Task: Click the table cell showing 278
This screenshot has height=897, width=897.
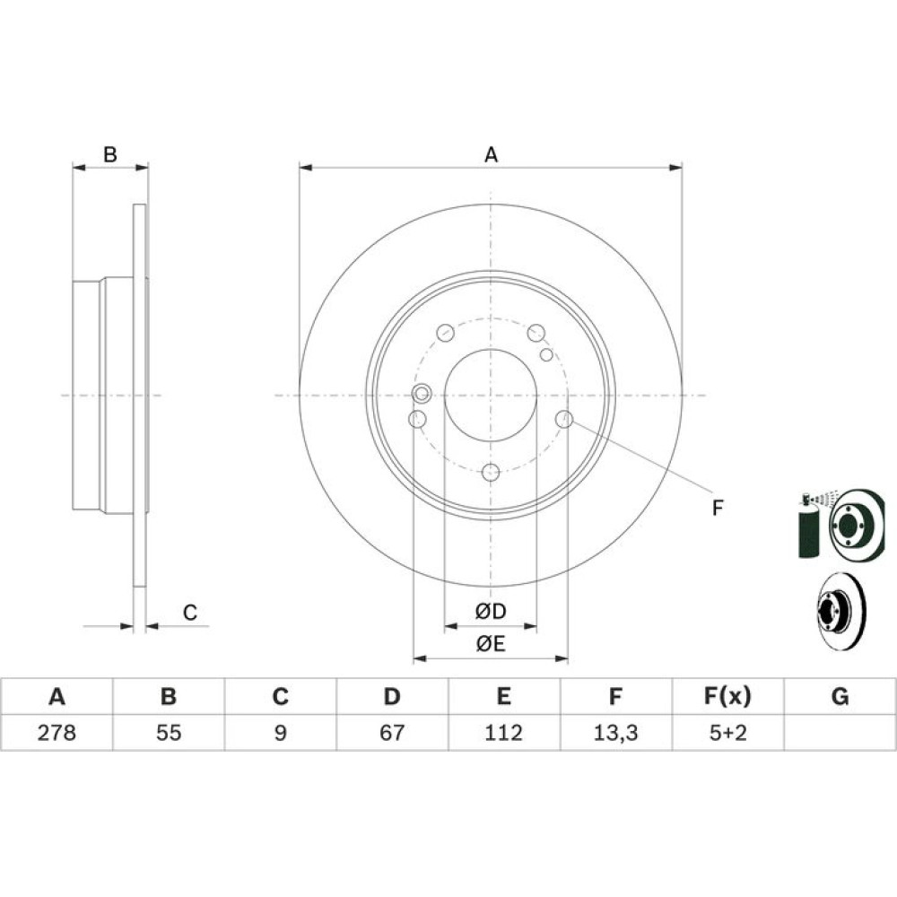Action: coord(57,733)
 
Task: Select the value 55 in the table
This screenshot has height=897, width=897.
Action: coord(169,733)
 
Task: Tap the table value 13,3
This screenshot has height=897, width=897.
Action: coord(615,733)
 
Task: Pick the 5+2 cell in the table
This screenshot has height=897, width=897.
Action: coord(727,733)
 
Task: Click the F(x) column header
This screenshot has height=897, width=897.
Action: coord(727,697)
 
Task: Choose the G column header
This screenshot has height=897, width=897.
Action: coord(840,697)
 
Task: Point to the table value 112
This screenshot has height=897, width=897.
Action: coord(503,733)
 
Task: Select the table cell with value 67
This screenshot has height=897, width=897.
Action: coord(392,733)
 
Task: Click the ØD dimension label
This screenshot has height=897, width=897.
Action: coord(491,612)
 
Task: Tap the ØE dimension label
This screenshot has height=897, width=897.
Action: coord(491,644)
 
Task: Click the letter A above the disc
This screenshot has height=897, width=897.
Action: coord(491,155)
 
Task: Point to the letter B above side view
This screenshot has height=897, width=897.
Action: coord(109,154)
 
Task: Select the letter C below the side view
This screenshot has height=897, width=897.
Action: coord(190,613)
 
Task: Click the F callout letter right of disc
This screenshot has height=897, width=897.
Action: coord(718,508)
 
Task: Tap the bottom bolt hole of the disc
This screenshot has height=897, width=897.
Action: coord(491,473)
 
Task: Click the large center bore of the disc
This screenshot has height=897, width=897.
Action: coord(491,396)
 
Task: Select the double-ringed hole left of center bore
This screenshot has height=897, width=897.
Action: coord(422,394)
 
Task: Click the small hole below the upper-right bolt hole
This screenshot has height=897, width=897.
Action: coord(546,354)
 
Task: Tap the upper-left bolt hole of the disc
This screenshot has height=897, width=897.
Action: coord(445,333)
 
